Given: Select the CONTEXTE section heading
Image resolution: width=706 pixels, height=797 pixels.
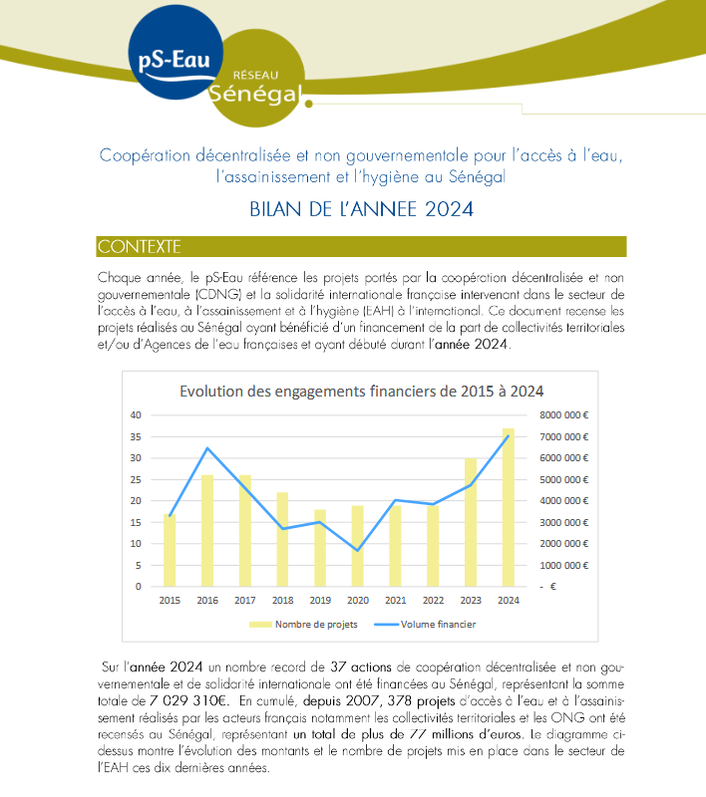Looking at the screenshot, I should (x=140, y=246).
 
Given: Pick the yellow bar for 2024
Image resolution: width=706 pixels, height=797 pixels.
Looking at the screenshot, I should (x=509, y=507).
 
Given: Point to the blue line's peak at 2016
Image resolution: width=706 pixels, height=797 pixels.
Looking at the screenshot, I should (x=207, y=448).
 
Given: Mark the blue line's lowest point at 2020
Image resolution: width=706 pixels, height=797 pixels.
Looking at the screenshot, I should (x=358, y=551).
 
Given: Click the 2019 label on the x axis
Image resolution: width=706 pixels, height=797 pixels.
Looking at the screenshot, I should (x=320, y=601).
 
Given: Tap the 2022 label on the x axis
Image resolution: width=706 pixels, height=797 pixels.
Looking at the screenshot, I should (x=433, y=601).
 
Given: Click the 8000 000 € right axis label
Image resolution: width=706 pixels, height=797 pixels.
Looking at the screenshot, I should (x=564, y=415).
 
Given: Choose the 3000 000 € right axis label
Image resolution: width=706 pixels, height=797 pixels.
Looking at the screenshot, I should (x=564, y=522).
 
